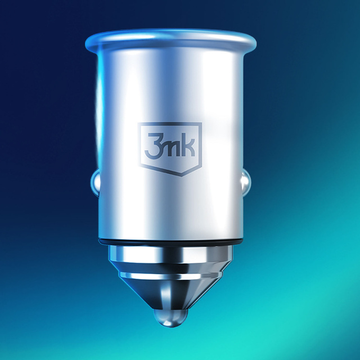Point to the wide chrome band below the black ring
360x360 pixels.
[168, 256]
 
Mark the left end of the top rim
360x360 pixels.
[88, 43]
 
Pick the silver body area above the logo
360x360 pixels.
[168, 84]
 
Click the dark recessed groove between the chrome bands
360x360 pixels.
[168, 269]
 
